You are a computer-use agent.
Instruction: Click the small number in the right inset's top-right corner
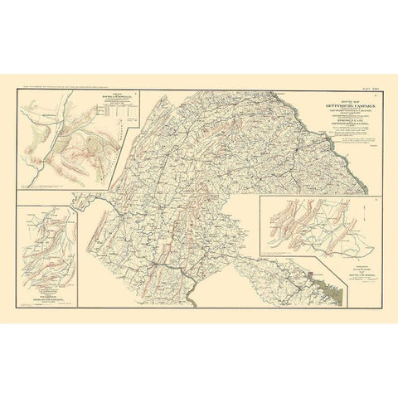[x=376, y=200]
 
